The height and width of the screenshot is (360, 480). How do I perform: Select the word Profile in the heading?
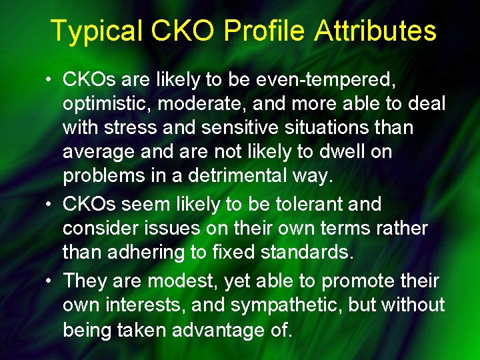point(264,31)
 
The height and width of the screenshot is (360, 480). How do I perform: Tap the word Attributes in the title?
point(376,31)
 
